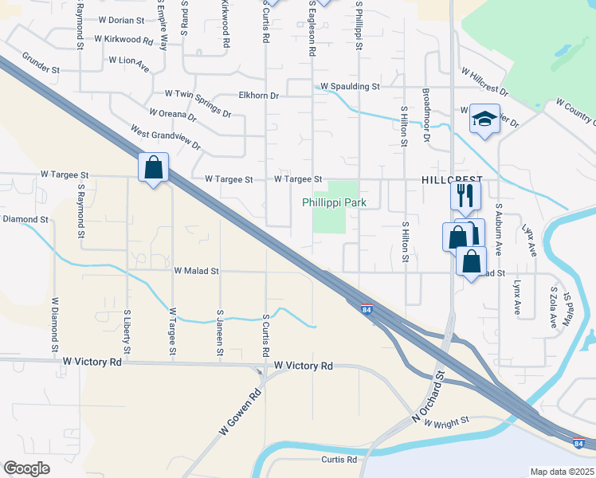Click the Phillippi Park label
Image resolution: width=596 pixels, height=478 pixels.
[x=334, y=203]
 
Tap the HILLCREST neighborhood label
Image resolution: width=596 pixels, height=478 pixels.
[x=453, y=182]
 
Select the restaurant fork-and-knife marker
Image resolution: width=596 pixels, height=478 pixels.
[x=465, y=194]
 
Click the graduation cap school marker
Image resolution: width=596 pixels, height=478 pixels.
[x=484, y=119]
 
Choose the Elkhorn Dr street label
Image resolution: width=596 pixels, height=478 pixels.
[x=259, y=96]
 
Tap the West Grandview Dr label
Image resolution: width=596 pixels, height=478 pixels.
[x=166, y=136]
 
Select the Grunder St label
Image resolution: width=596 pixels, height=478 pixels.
[x=41, y=64]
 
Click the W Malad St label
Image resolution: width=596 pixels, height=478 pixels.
[x=197, y=271]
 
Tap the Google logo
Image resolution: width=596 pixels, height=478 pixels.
[x=26, y=468]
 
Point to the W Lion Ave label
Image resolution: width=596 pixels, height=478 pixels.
[x=129, y=60]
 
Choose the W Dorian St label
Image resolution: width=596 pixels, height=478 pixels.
[x=122, y=19]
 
